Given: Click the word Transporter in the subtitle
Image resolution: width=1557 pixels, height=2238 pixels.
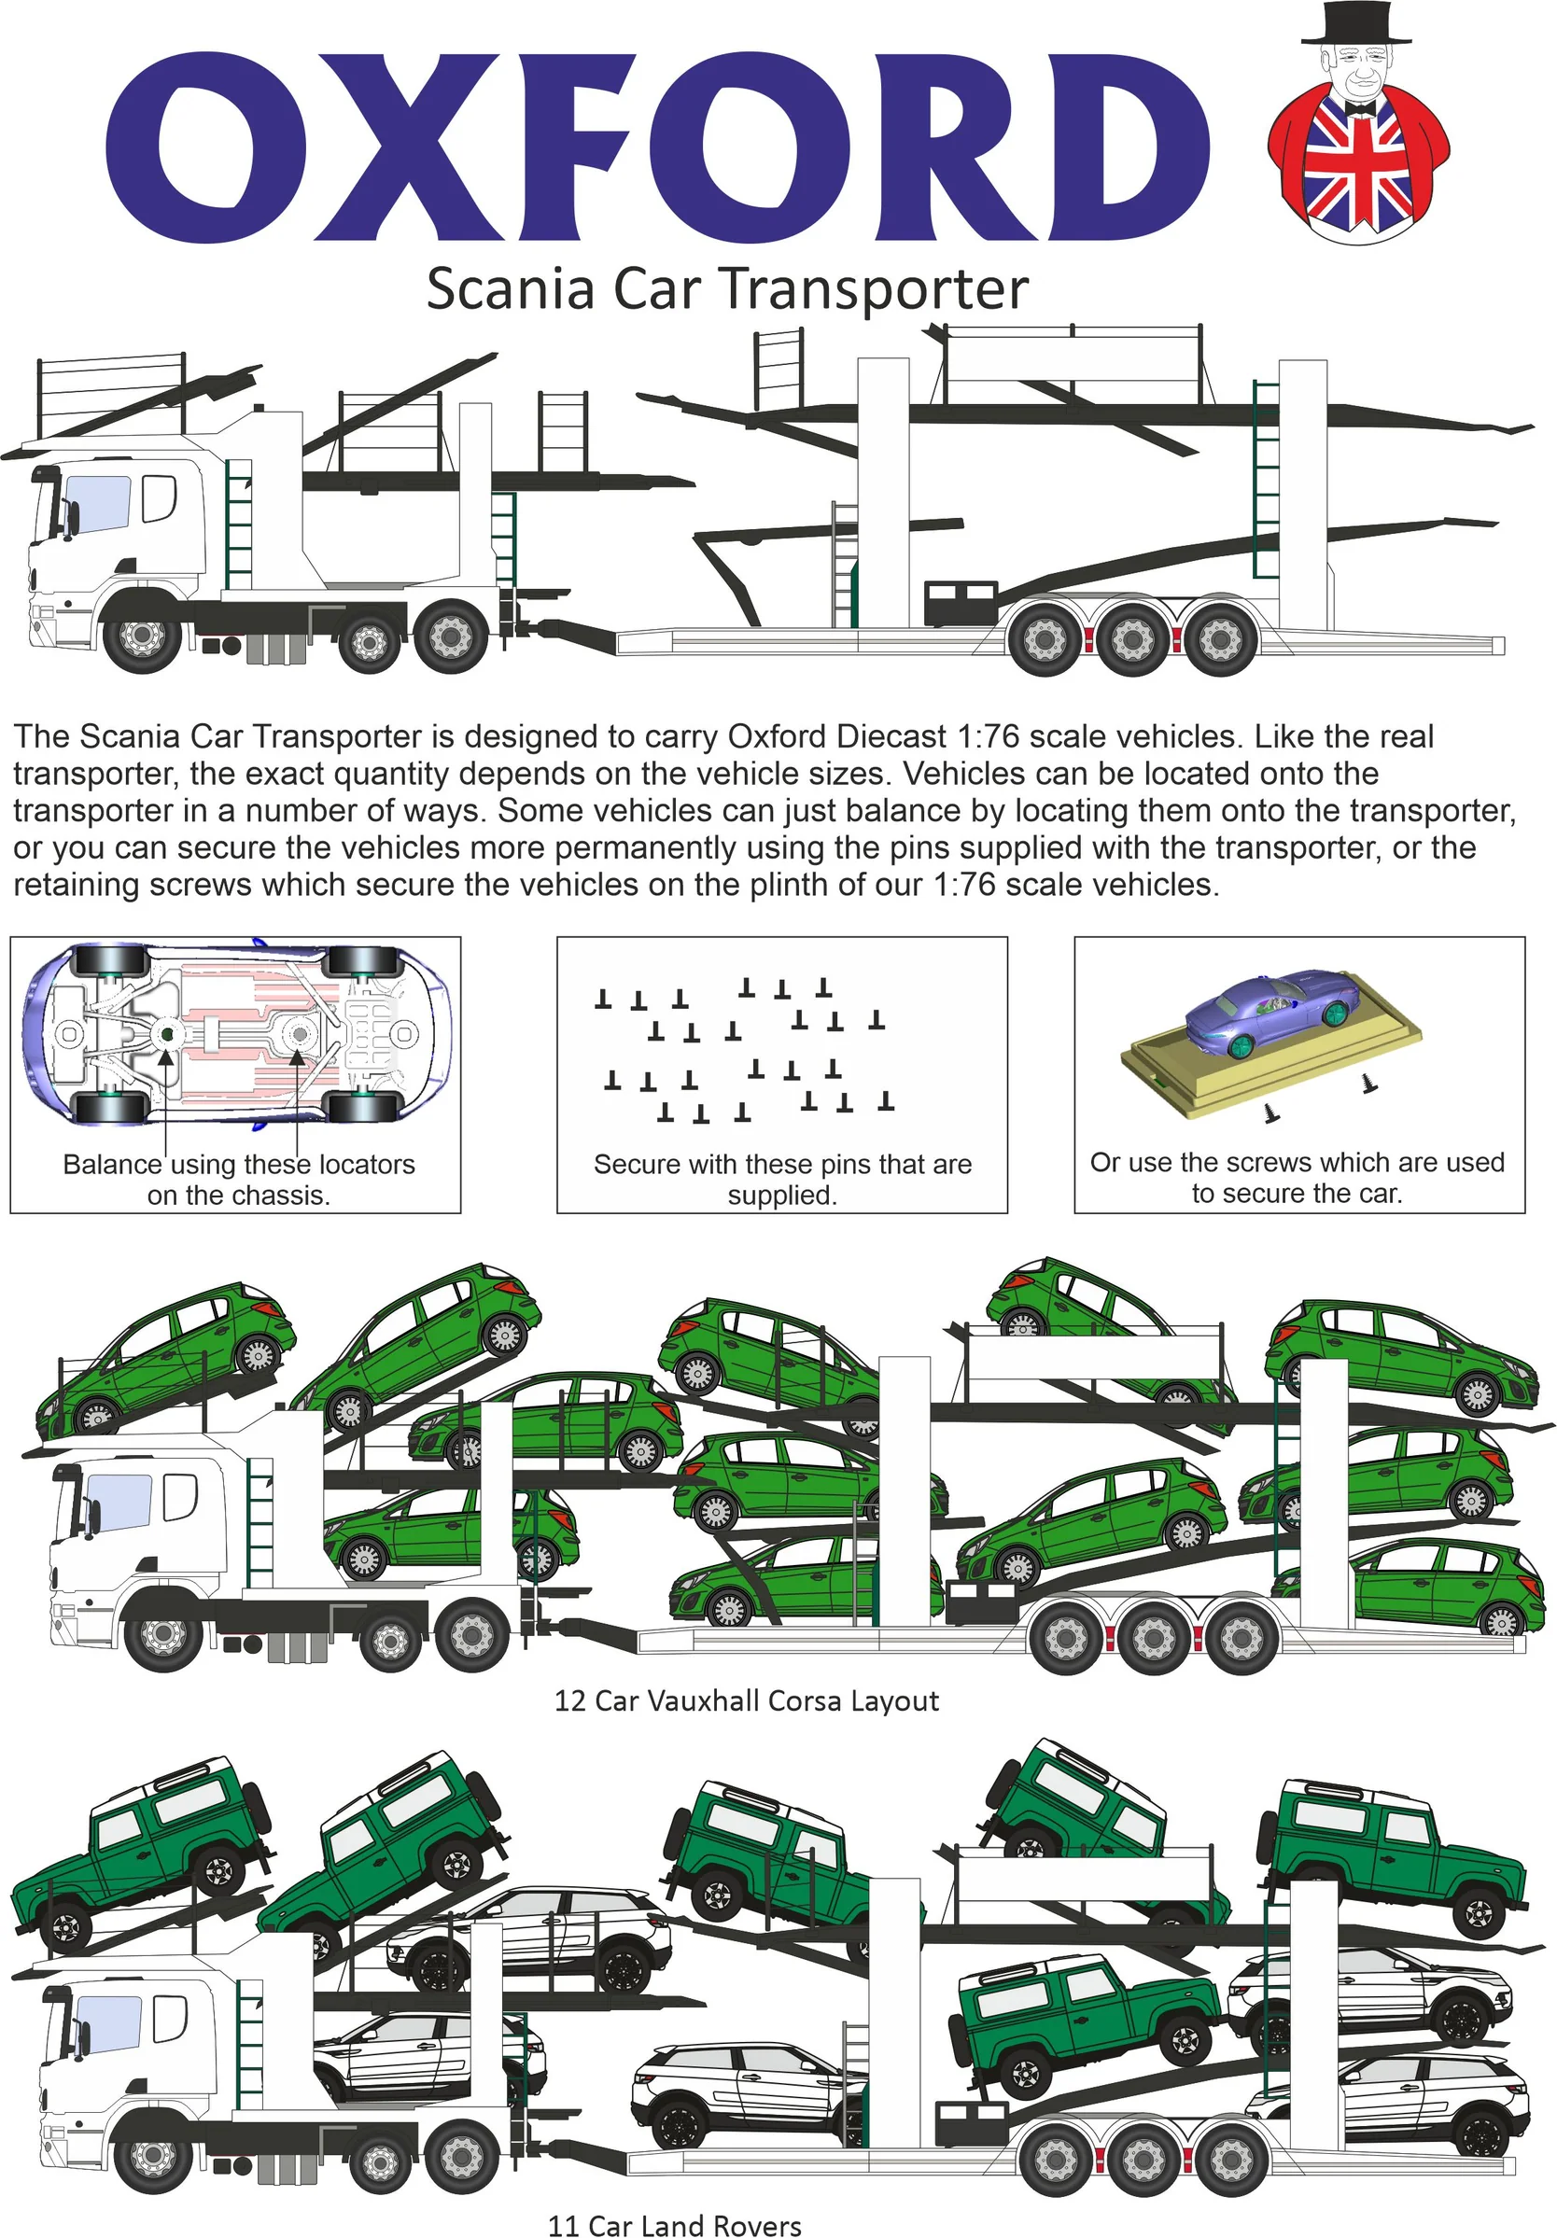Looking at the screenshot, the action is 874,289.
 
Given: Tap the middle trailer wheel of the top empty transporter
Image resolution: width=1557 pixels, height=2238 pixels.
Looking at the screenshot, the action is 1132,639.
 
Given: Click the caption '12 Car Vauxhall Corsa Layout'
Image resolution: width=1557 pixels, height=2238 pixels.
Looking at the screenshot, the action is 747,1701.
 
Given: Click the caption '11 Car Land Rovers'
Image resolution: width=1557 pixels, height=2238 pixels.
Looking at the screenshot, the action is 675,2225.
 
